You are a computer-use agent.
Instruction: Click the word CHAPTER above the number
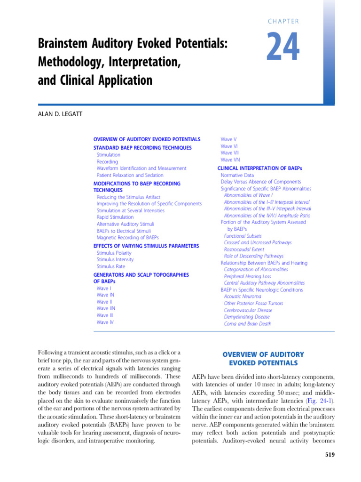[x=283, y=21]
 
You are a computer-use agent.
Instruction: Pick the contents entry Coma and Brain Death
[x=248, y=324]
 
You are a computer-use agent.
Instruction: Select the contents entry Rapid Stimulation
[x=115, y=217]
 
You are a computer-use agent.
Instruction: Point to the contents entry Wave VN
[x=229, y=160]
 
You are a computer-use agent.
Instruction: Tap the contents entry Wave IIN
[x=106, y=309]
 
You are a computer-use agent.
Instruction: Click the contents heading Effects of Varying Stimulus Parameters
[x=146, y=246]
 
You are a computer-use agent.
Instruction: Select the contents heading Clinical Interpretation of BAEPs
[x=259, y=168]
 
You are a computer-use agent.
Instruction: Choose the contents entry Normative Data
[x=238, y=175]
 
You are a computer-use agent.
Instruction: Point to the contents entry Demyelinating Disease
[x=247, y=317]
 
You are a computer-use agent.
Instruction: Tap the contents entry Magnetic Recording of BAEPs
[x=127, y=238]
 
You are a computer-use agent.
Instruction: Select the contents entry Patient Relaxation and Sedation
[x=130, y=175]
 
